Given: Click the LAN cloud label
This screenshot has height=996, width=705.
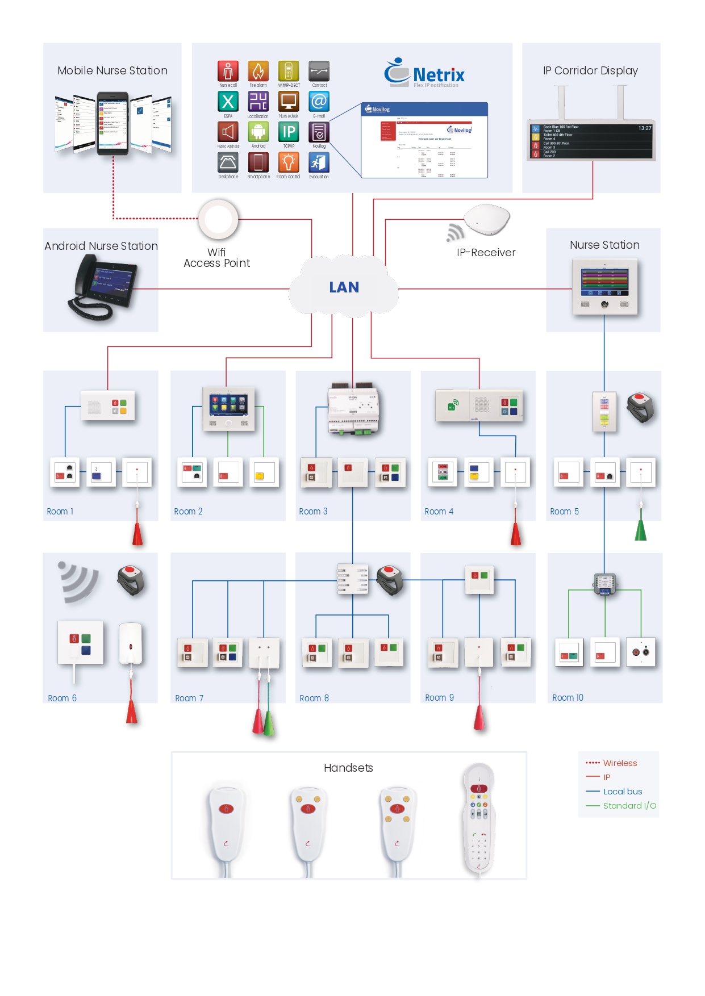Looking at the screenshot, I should pyautogui.click(x=344, y=287).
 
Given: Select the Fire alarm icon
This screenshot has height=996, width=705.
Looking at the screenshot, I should pyautogui.click(x=258, y=72).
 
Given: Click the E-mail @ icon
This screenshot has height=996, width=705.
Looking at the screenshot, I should pyautogui.click(x=319, y=102).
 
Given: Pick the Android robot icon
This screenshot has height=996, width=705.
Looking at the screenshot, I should pyautogui.click(x=258, y=132).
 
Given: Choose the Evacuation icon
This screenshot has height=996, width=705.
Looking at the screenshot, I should pyautogui.click(x=319, y=163).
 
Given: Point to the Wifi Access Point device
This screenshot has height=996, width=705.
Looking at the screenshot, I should pyautogui.click(x=218, y=219).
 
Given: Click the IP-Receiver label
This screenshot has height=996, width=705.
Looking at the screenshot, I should pyautogui.click(x=486, y=253).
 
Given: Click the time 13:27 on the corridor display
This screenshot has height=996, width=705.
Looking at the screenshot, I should pyautogui.click(x=644, y=128).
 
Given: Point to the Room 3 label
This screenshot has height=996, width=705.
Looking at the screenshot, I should pyautogui.click(x=313, y=512).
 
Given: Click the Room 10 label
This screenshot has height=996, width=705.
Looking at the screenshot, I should pyautogui.click(x=568, y=698).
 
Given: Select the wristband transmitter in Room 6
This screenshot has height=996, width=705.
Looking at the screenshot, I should pyautogui.click(x=131, y=580).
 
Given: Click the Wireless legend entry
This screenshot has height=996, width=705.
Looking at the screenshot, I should pyautogui.click(x=619, y=763).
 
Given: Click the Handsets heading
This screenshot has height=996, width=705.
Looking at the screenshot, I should pyautogui.click(x=348, y=768).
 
